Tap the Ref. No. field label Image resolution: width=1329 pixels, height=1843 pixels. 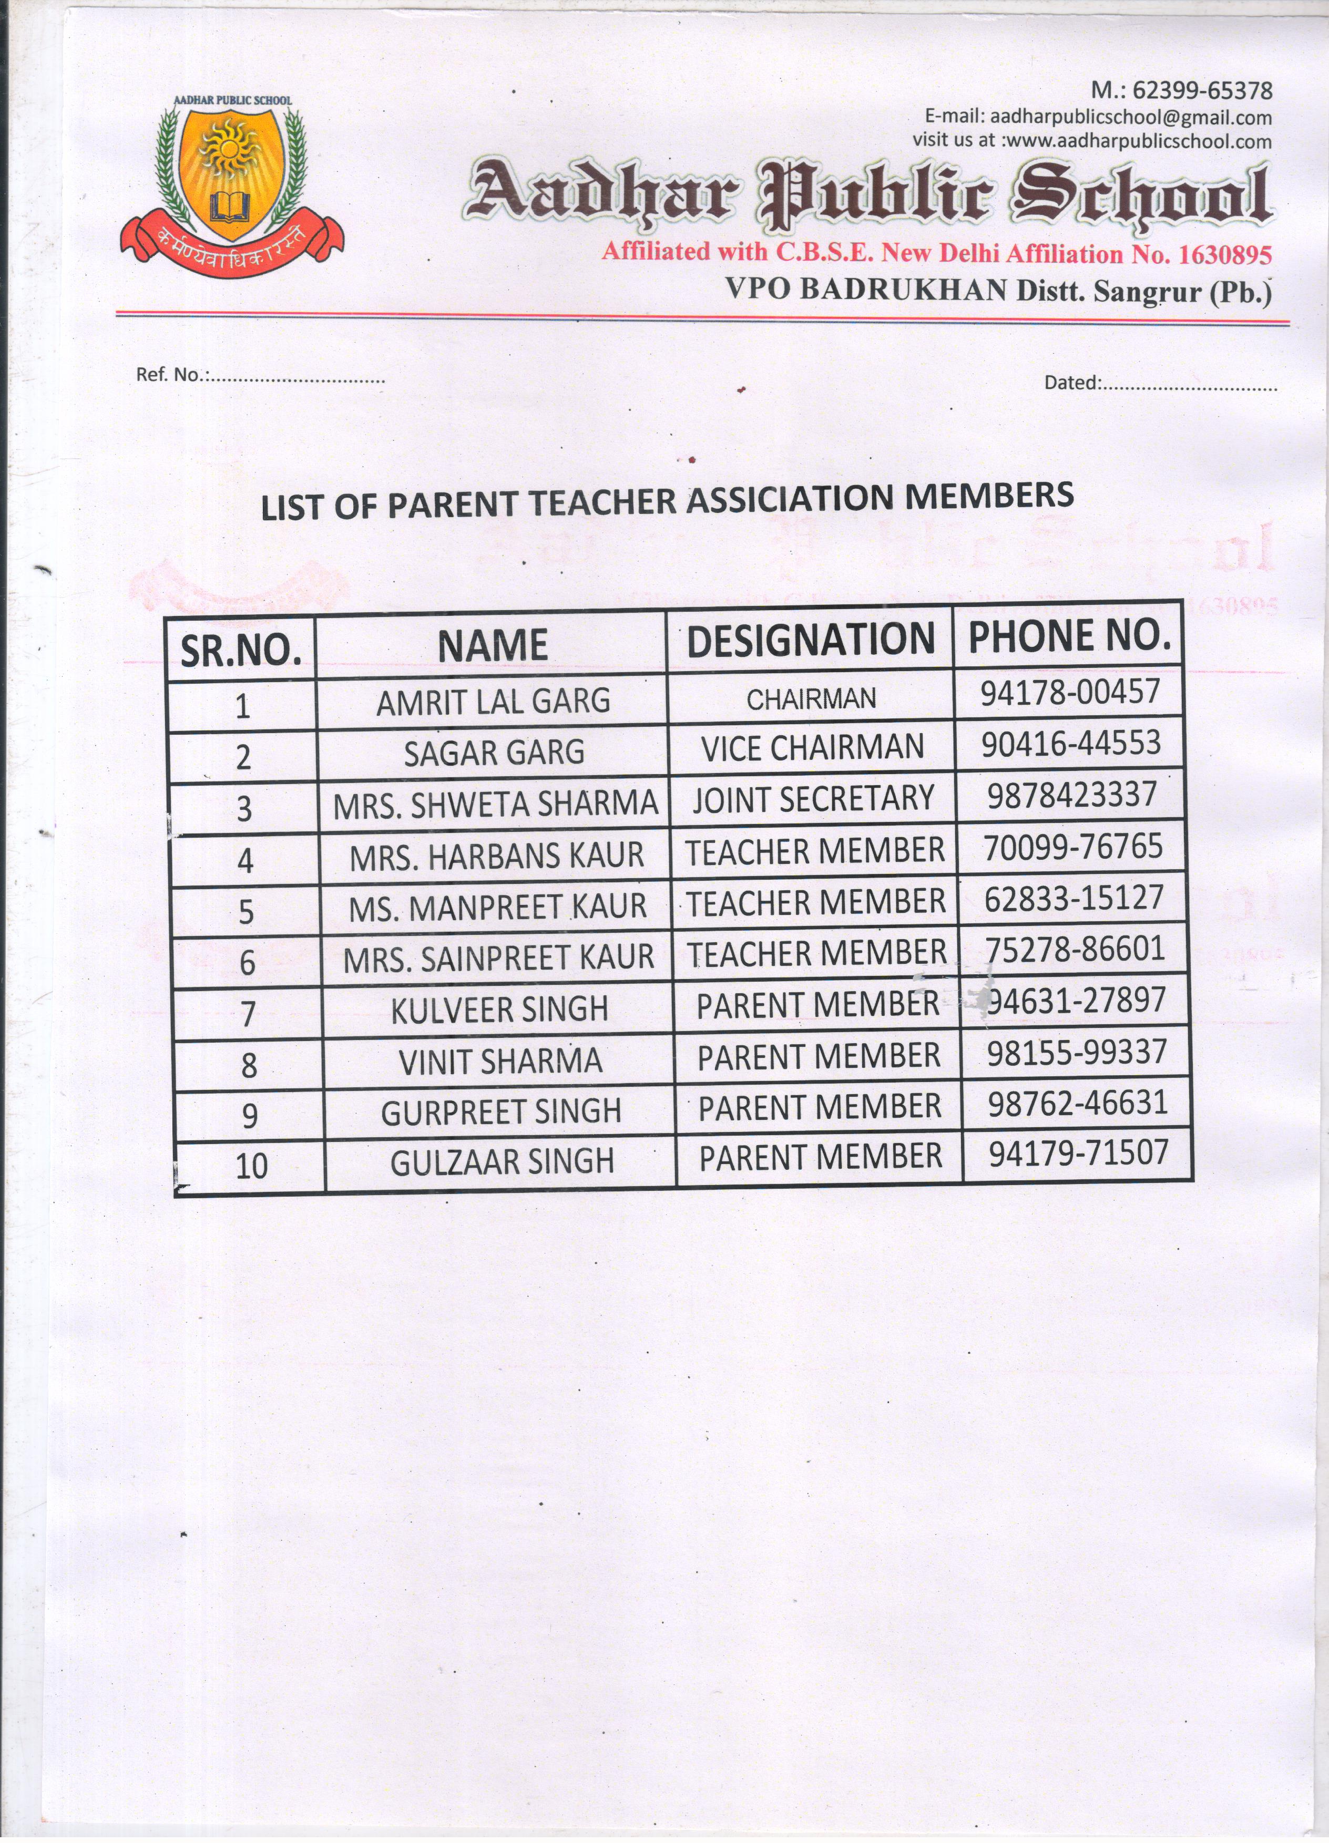click(172, 375)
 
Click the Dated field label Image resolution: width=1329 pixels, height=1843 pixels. click(1072, 383)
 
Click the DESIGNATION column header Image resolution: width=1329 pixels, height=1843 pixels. click(811, 640)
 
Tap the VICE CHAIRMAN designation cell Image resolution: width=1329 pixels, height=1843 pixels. click(813, 748)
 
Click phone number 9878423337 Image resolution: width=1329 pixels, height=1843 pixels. click(1072, 795)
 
